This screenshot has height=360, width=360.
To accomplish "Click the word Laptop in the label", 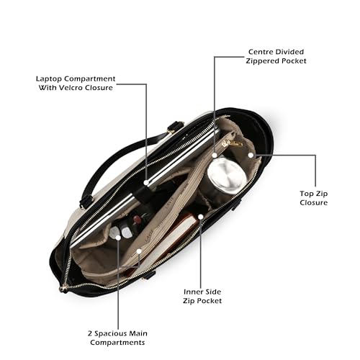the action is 49,79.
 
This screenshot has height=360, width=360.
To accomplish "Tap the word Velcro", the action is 68,88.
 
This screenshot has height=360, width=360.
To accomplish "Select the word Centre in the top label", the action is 261,52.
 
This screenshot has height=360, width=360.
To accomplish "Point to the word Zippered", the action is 263,61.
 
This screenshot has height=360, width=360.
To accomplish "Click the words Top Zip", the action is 314,194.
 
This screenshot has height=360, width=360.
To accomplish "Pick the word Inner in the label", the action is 193,292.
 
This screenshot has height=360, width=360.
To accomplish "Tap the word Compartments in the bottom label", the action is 117,343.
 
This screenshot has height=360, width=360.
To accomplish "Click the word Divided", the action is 289,52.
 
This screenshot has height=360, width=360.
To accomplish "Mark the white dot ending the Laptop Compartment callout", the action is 146,183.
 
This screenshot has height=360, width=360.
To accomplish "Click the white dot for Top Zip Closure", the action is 251,156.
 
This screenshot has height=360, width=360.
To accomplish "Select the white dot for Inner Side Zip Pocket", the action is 201,217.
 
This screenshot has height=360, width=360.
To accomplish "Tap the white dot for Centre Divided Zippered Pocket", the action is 215,156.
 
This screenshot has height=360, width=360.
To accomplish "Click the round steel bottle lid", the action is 227,176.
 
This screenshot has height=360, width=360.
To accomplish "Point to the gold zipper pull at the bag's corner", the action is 63,289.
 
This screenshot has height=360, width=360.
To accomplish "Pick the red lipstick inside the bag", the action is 138,219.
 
